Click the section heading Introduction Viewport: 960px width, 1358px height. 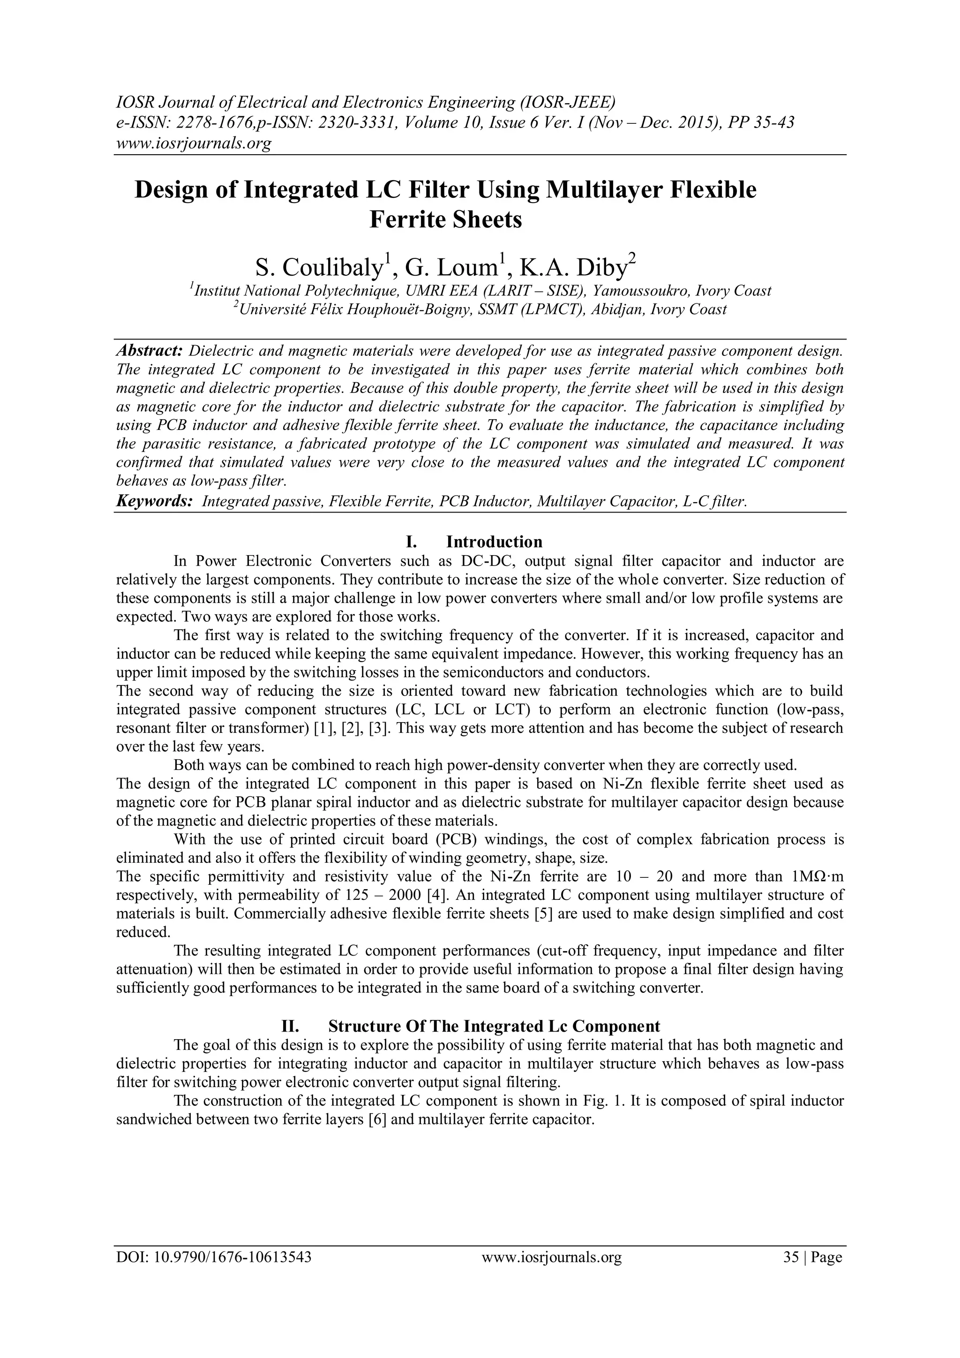[x=494, y=542]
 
